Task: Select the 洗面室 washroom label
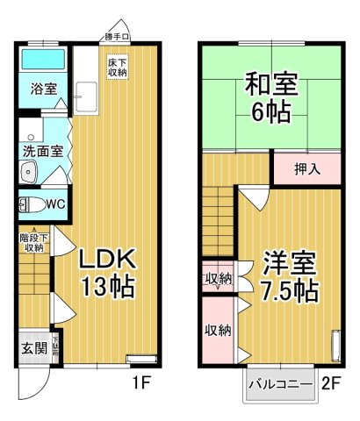(x=41, y=151)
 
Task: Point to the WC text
(x=56, y=204)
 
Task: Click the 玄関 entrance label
(x=34, y=347)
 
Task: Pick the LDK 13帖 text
(x=107, y=272)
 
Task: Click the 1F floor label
(x=143, y=383)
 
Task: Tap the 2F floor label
(x=330, y=383)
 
